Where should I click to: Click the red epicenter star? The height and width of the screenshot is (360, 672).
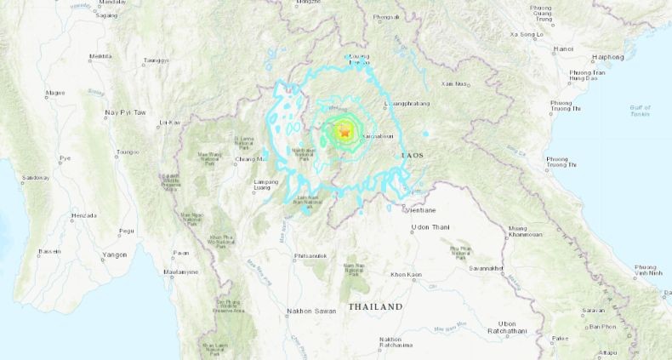(x=345, y=132)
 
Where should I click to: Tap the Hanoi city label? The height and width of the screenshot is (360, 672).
(x=563, y=49)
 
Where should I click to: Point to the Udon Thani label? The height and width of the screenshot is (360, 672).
(x=430, y=227)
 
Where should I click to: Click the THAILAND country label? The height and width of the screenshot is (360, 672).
(x=375, y=306)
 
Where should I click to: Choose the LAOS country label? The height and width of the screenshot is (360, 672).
(x=413, y=157)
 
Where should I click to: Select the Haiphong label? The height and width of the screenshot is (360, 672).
(x=608, y=57)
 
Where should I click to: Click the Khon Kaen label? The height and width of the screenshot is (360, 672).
(x=407, y=275)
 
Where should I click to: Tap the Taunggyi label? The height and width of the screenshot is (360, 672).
(x=156, y=60)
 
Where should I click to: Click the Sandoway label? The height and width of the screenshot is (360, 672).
(x=35, y=178)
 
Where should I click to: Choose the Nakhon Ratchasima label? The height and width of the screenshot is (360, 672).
(x=390, y=343)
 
